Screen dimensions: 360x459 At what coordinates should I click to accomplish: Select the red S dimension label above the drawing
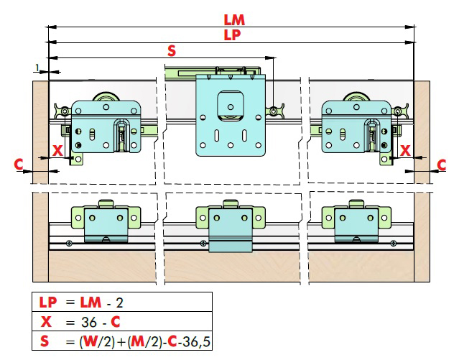171,50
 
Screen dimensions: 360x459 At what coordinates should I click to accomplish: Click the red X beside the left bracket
57,150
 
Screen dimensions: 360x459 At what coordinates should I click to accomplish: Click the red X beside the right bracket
404,150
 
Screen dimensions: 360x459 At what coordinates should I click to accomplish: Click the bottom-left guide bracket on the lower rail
106,223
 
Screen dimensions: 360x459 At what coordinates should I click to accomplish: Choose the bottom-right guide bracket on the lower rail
355,223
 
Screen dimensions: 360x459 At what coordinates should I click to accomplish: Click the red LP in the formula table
47,301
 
